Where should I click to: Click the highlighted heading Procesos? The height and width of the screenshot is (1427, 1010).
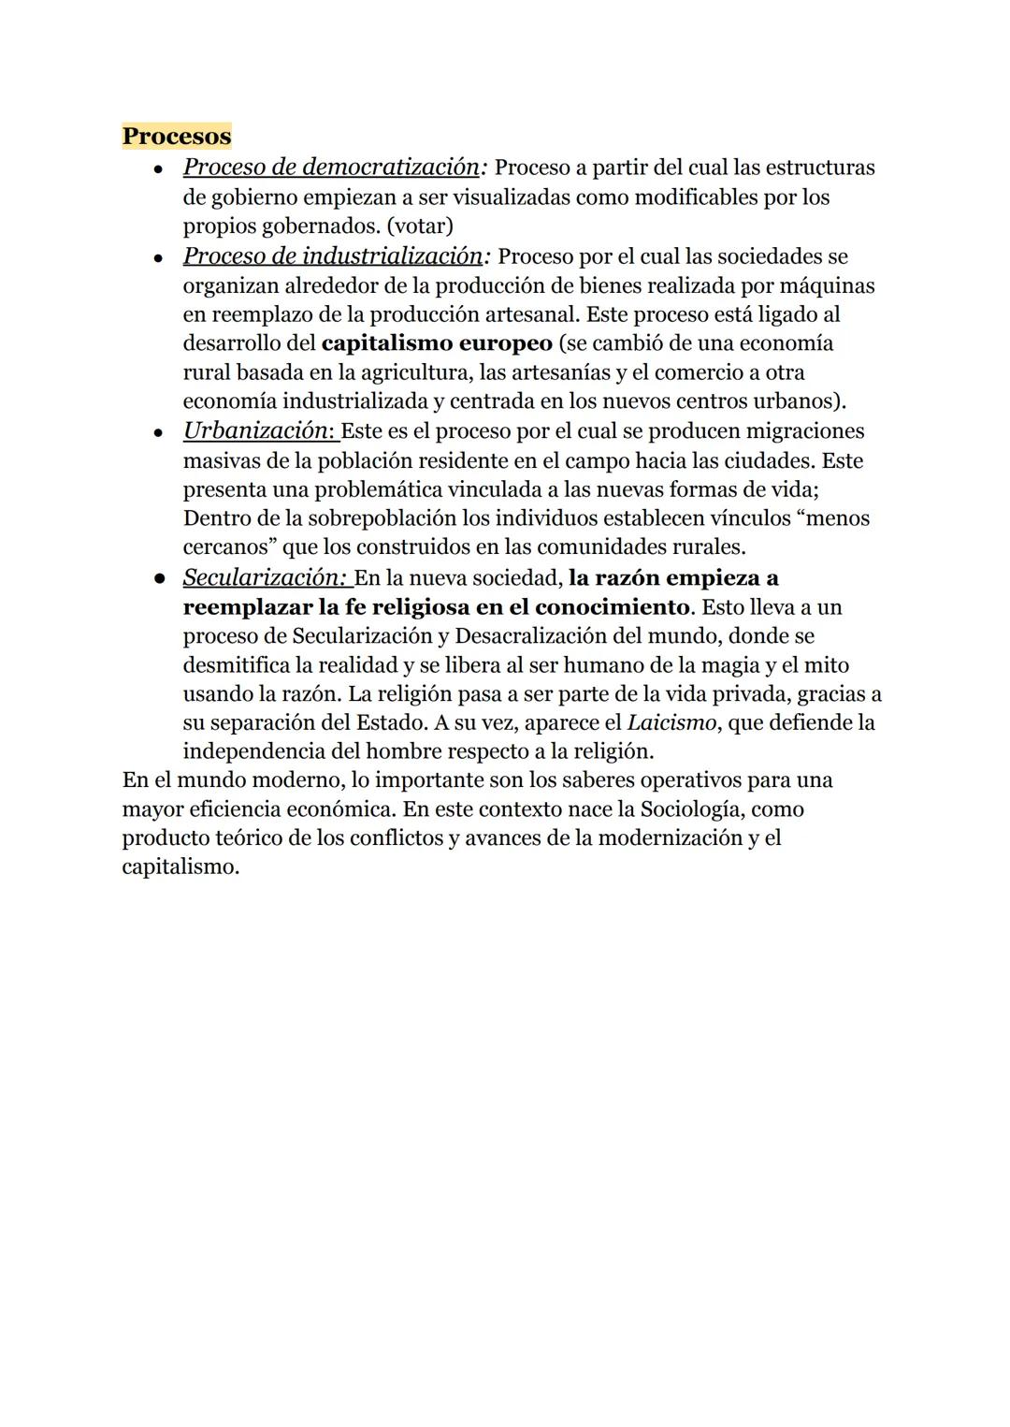pyautogui.click(x=177, y=137)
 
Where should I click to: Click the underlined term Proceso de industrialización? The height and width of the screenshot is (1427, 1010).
pyautogui.click(x=333, y=255)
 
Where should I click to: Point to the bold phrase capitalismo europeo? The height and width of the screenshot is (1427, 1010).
pyautogui.click(x=437, y=343)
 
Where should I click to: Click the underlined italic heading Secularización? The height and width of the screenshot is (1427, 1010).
pyautogui.click(x=264, y=577)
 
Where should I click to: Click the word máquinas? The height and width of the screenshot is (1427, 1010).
pyautogui.click(x=828, y=285)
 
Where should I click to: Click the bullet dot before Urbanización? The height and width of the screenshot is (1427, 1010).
pyautogui.click(x=160, y=433)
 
